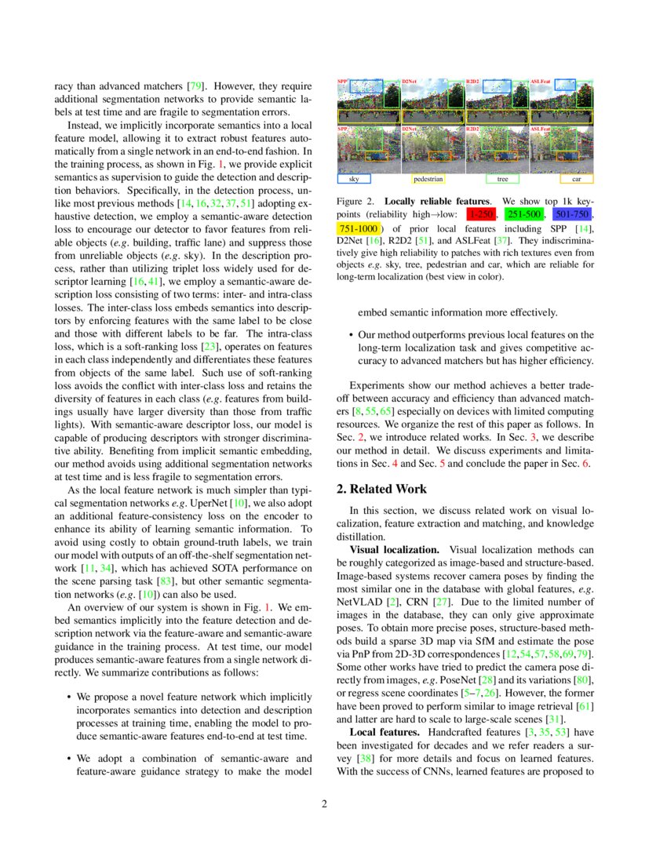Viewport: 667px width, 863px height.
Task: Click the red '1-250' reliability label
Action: point(479,213)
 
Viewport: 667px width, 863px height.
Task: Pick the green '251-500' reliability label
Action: point(523,213)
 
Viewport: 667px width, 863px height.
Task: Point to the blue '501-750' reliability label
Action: point(571,213)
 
